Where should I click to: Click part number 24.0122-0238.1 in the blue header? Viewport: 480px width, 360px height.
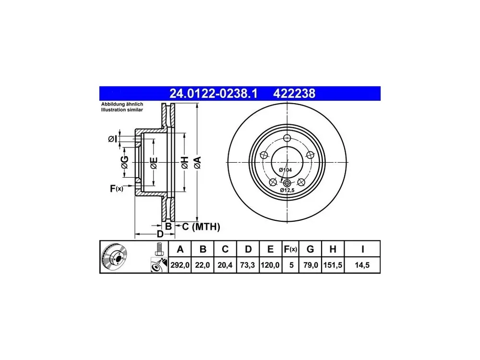tap(214, 94)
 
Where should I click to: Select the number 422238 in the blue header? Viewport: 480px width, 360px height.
tap(294, 94)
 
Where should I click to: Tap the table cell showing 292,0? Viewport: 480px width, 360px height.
tap(180, 265)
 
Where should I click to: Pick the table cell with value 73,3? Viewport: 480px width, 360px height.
tap(248, 265)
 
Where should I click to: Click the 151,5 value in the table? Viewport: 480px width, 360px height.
tap(333, 265)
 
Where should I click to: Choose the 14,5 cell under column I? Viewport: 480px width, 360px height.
tap(362, 265)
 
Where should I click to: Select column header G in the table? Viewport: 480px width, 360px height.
tap(310, 249)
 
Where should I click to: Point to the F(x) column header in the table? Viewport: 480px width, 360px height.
tap(290, 249)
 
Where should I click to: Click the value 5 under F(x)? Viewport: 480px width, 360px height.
tap(291, 265)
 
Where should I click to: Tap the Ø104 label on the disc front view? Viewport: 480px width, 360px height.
tap(285, 170)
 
